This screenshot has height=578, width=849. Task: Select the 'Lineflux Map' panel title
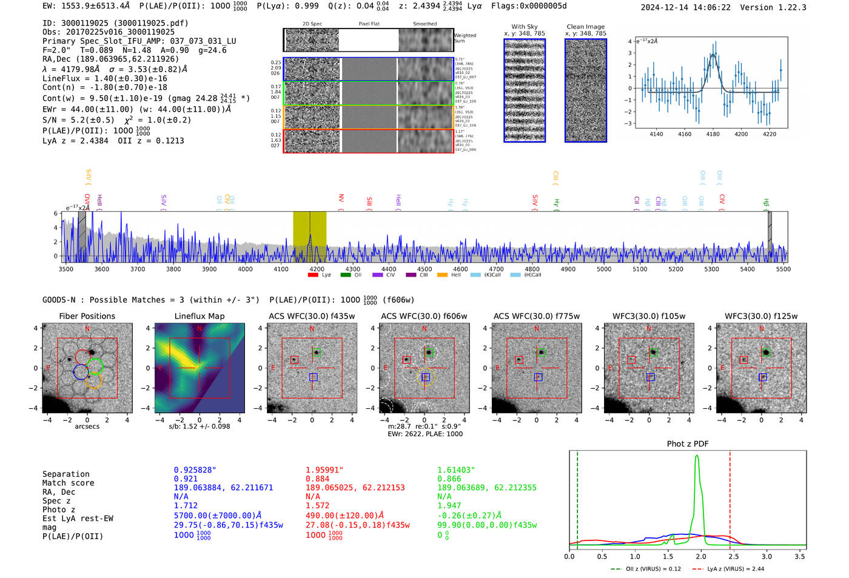[199, 316]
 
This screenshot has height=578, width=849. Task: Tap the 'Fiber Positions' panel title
[87, 316]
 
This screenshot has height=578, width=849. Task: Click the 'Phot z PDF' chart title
[687, 443]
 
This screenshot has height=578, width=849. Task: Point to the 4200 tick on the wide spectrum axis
[317, 269]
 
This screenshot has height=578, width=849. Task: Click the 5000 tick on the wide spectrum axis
[604, 269]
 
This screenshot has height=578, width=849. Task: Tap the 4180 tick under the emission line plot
[713, 134]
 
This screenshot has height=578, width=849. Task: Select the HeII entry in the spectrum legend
[455, 275]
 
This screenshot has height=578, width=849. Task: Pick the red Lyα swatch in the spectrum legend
[313, 275]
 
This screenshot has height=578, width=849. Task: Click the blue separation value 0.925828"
[195, 470]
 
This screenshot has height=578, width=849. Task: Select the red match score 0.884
[317, 479]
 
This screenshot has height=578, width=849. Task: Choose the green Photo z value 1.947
[449, 505]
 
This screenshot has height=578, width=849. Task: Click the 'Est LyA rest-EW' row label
[78, 519]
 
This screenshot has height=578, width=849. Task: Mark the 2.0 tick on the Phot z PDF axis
[700, 556]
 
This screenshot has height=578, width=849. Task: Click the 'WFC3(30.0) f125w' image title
[761, 316]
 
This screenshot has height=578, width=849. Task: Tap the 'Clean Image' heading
[585, 27]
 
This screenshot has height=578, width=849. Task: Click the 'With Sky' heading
[524, 27]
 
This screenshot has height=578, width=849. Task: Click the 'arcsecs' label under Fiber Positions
[87, 426]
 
